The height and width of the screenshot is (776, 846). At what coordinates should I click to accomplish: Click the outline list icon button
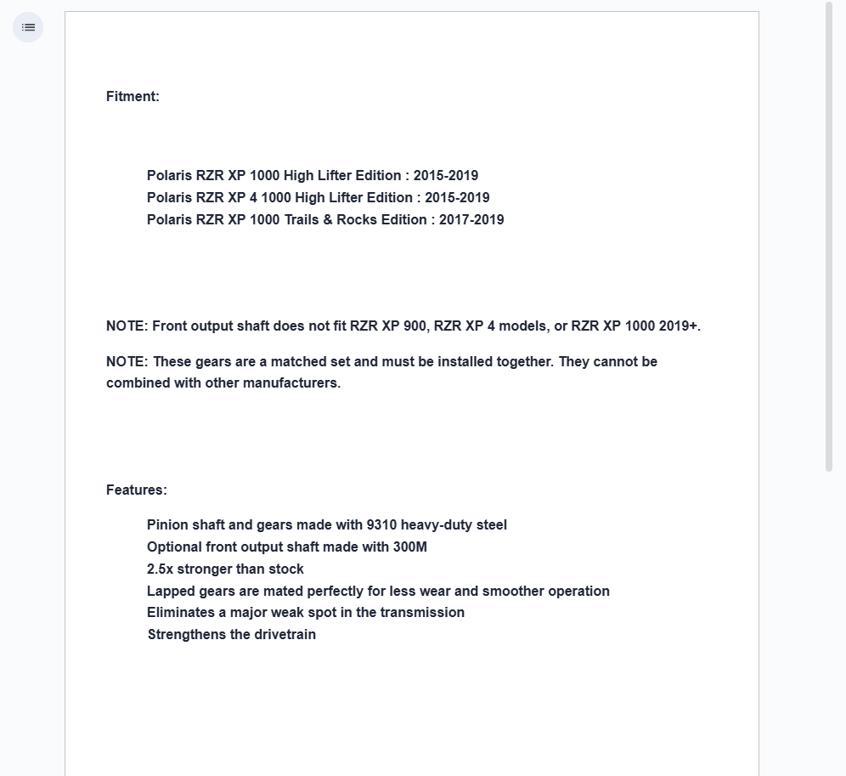pyautogui.click(x=28, y=27)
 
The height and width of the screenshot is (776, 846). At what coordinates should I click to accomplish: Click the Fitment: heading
pyautogui.click(x=133, y=97)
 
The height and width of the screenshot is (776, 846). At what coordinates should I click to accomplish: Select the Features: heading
pyautogui.click(x=137, y=490)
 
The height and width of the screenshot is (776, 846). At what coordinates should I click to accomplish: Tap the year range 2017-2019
pyautogui.click(x=471, y=220)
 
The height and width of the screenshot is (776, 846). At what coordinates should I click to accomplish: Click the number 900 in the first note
pyautogui.click(x=414, y=326)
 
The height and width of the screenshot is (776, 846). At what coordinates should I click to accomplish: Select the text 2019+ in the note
pyautogui.click(x=679, y=326)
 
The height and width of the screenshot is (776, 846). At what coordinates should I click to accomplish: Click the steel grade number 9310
pyautogui.click(x=381, y=525)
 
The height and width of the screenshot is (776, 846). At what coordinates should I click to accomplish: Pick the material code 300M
pyautogui.click(x=410, y=547)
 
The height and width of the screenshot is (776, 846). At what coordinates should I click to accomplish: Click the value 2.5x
pyautogui.click(x=160, y=569)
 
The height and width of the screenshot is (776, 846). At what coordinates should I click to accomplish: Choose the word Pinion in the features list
pyautogui.click(x=166, y=525)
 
